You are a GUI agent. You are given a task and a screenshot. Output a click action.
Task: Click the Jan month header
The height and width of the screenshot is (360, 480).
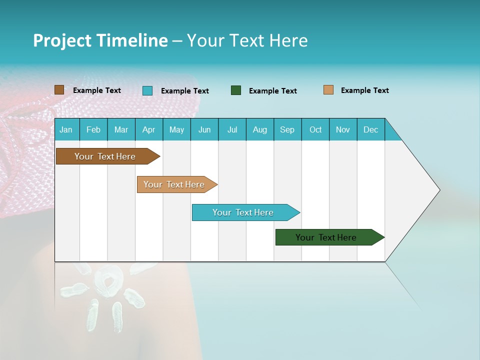pos(66,129)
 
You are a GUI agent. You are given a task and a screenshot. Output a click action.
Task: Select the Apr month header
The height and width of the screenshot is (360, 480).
pos(148,129)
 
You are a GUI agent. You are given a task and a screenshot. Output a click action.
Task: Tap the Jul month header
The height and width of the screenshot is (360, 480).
pos(232,129)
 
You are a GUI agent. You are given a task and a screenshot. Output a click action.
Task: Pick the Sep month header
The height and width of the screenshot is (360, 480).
pos(287,129)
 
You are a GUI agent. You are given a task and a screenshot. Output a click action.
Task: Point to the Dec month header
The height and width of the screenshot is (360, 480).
pos(370,129)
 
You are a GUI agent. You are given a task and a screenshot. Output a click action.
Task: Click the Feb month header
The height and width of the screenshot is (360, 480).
pos(93,129)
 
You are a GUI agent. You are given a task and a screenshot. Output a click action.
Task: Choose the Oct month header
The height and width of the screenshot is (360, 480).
pos(315,129)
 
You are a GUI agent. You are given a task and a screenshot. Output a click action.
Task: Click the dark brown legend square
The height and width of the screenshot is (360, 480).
pos(59,90)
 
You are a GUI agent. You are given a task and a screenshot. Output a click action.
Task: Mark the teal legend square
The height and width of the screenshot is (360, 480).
pos(147,90)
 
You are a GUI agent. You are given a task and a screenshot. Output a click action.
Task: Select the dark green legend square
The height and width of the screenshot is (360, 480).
pos(236,90)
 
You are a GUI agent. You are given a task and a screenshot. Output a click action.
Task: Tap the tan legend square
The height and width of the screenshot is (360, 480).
pos(328,90)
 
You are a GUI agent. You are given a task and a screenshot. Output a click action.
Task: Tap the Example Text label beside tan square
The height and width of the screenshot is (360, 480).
pos(364,90)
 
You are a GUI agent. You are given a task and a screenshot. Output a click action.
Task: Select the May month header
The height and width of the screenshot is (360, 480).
pos(176,129)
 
